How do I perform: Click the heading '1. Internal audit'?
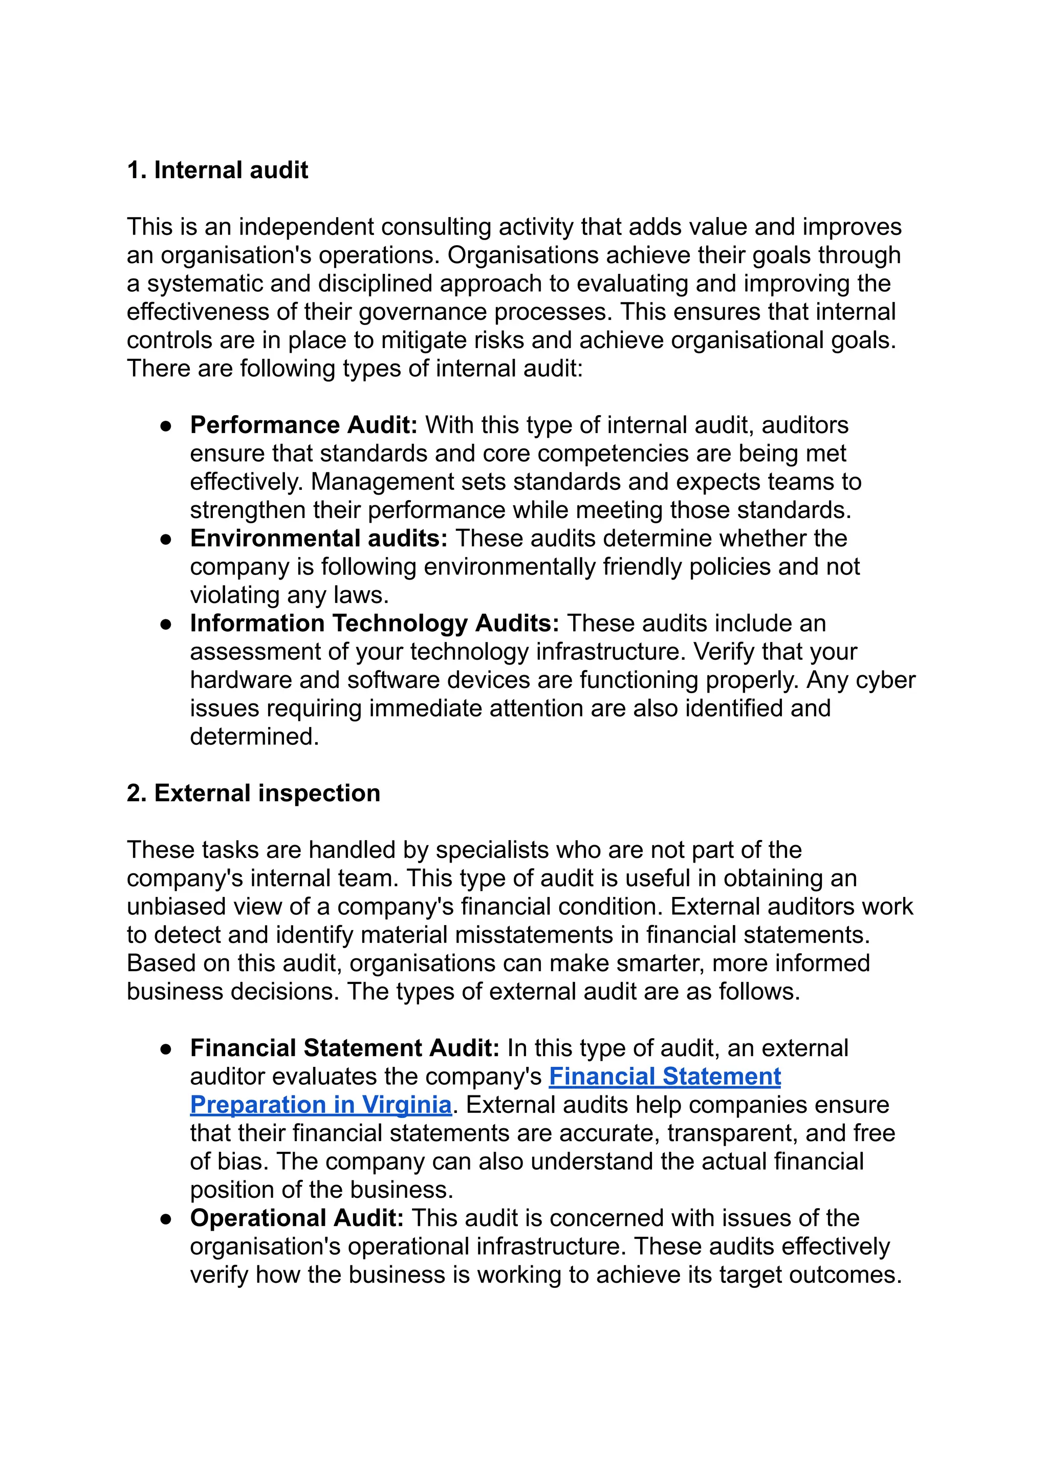(x=217, y=170)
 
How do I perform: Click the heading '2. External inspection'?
(x=253, y=793)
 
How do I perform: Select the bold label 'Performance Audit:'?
(x=303, y=425)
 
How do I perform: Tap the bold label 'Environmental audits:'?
(x=319, y=538)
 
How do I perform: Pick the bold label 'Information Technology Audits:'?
(x=375, y=624)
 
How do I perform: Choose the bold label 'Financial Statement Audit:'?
(x=345, y=1048)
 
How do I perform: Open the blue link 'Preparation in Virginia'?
(x=320, y=1105)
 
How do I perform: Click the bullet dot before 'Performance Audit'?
(x=166, y=426)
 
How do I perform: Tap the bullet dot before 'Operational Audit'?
(x=166, y=1219)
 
